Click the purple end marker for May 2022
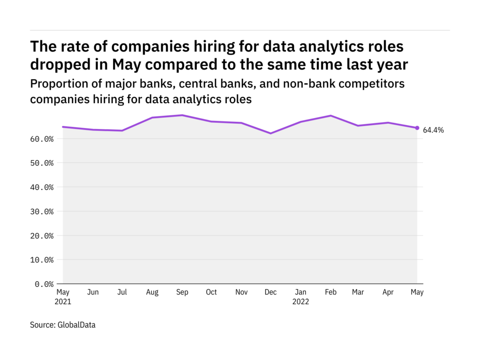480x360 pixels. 417,128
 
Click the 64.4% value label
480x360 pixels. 434,130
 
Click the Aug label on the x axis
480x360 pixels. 152,292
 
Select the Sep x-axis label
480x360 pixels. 182,292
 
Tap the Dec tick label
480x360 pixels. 270,292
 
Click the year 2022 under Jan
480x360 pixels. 300,302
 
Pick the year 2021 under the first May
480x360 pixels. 63,302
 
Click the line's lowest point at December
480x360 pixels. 270,133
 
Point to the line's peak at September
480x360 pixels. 182,115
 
